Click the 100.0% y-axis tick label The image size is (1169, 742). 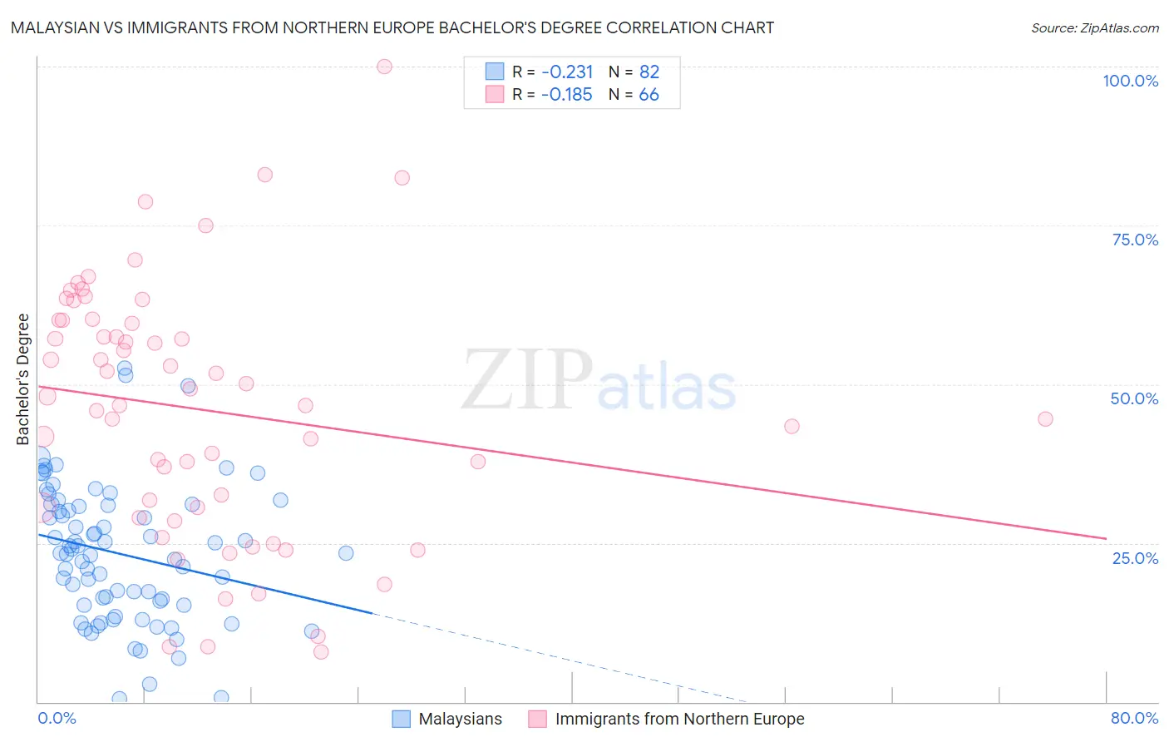click(1130, 81)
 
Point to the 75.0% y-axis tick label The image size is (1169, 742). click(1135, 240)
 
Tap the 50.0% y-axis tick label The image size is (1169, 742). click(1134, 398)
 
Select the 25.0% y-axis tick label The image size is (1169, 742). click(1135, 558)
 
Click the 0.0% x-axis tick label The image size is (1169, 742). click(57, 718)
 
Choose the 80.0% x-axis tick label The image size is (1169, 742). click(1134, 718)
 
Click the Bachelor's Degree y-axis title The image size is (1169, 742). click(23, 379)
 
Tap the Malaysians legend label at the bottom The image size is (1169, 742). click(460, 719)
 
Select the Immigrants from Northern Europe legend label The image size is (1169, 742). click(679, 719)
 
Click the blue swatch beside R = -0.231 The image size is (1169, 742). click(495, 72)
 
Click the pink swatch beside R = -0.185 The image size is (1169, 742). click(495, 94)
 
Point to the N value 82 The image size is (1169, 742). click(649, 72)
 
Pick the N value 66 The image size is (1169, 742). click(649, 94)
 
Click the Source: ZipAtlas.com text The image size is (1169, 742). click(1094, 27)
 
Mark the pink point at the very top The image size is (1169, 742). click(384, 67)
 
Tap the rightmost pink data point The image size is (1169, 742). click(1045, 418)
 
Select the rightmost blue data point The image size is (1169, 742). click(346, 553)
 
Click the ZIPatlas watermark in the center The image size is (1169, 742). click(599, 380)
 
